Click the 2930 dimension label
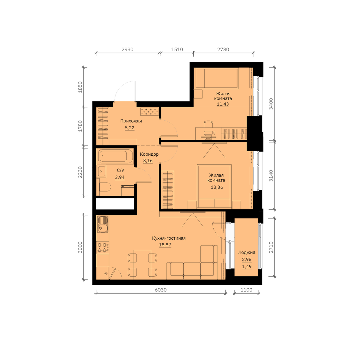pos(127,49)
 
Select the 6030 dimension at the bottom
pos(161,290)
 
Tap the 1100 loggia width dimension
pos(246,290)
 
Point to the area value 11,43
pos(223,104)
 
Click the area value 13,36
pos(217,187)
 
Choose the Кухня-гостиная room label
pos(169,238)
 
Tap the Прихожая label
pos(131,121)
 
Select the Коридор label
pos(149,154)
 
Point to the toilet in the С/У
pos(105,187)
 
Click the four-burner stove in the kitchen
pos(103,247)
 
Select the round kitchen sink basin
pos(100,228)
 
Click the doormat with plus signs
pos(149,112)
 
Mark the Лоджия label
pos(247,253)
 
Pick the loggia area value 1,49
pos(247,266)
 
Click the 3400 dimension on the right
pos(271,104)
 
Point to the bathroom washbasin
pos(101,171)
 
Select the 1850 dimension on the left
pos(80,87)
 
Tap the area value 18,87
pos(165,245)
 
